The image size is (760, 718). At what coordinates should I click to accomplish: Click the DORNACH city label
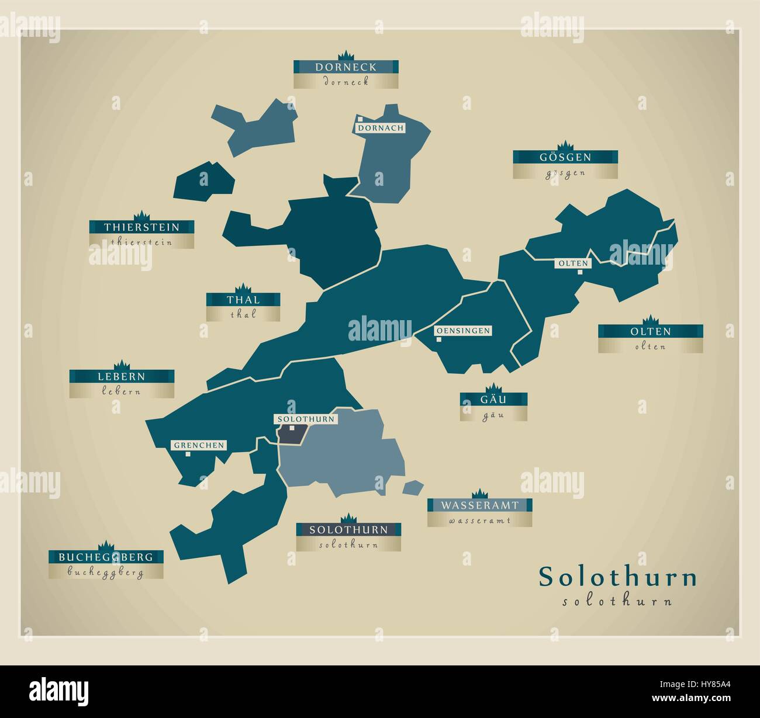381,128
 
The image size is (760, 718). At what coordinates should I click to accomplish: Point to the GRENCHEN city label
199,445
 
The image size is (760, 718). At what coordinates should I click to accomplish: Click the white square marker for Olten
580,272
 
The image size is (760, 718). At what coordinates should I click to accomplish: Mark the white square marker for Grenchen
188,454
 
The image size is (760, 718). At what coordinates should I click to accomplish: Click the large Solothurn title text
617,577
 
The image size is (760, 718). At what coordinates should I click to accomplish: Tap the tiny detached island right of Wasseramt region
413,487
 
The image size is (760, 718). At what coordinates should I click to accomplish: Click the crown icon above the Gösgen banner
565,145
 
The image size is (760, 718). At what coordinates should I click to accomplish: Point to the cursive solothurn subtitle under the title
617,601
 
